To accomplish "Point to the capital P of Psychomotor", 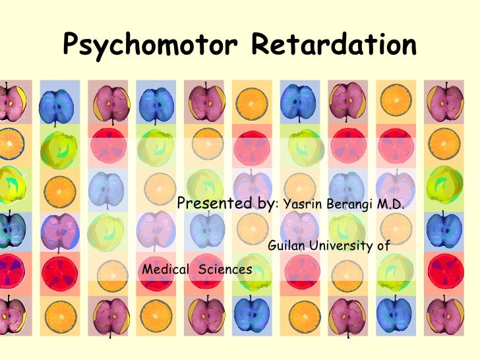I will (x=71, y=45).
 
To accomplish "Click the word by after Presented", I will (x=266, y=204).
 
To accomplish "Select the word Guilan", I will (x=287, y=247).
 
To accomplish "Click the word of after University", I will (x=383, y=247).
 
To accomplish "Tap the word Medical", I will (x=164, y=269).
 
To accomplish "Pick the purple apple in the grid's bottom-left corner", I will (x=14, y=316).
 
